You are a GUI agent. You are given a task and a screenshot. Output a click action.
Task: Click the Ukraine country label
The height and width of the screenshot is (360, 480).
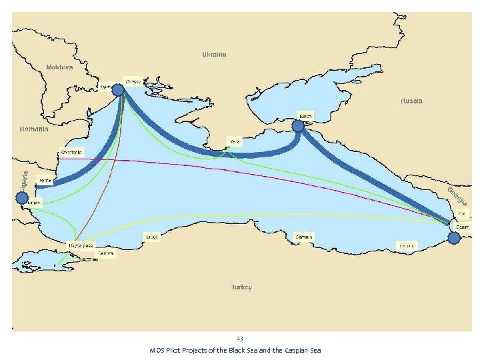tap(214, 54)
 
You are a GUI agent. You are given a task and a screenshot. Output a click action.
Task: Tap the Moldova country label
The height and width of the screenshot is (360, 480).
tap(59, 67)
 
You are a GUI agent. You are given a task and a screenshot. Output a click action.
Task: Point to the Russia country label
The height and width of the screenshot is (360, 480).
tap(411, 101)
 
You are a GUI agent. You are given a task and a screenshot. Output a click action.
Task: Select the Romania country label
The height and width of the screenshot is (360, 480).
tap(34, 129)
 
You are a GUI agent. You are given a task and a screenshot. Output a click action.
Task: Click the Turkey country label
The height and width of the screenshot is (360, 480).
tap(241, 287)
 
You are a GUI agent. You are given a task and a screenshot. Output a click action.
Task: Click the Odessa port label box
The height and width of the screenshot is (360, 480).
tap(133, 81)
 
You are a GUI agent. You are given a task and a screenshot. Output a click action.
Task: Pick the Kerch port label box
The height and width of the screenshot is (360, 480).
tap(305, 115)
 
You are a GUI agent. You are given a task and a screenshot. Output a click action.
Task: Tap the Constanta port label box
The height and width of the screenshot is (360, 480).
tap(71, 152)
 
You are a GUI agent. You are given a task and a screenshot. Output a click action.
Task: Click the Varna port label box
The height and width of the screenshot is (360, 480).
tap(45, 180)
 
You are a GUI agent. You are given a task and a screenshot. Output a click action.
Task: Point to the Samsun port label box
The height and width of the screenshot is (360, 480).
tap(303, 237)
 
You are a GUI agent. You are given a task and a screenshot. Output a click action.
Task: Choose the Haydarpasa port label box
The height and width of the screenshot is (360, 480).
tap(79, 246)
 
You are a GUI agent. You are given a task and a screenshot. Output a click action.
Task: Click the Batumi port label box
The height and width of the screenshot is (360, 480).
tap(462, 227)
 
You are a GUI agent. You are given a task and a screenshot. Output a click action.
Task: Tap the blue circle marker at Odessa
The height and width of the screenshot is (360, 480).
tap(118, 90)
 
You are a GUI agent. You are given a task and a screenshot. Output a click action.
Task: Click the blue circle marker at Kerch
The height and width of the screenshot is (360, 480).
tap(298, 125)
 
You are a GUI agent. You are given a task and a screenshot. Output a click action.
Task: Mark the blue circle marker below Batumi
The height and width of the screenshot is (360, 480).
tap(454, 238)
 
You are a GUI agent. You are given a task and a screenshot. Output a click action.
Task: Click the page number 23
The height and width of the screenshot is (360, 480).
tap(240, 339)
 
